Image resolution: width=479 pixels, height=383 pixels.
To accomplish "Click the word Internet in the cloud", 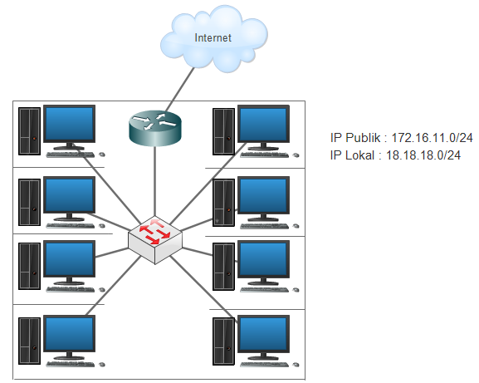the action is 213,37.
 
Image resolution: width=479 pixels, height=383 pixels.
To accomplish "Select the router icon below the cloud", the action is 155,128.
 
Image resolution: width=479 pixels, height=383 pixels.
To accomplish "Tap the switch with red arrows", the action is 155,240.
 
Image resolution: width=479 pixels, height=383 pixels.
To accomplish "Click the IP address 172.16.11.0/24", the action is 432,138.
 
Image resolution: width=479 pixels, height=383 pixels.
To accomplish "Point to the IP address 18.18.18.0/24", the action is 423,155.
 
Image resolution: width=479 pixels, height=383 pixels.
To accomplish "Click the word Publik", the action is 363,138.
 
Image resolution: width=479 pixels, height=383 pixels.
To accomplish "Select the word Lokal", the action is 359,155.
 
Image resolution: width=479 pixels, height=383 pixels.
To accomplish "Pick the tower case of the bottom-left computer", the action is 29,341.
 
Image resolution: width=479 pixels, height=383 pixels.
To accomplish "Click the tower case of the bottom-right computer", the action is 223,341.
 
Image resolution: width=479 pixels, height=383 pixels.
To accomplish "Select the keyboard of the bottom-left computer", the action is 71,364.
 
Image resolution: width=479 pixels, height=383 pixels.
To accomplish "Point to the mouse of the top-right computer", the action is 296,155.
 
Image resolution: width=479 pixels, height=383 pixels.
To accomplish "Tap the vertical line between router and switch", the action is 155,181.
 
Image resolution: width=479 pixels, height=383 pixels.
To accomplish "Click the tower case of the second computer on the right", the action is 223,203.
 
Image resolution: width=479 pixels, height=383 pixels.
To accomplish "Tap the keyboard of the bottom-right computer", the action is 265,365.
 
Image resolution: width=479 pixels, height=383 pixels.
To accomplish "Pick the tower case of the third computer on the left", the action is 29,266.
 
